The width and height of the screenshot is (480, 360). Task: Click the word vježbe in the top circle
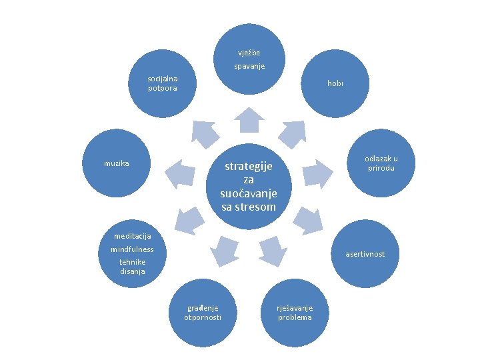(250, 53)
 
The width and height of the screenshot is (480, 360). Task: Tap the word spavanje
(249, 66)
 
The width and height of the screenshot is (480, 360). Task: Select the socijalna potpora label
(163, 84)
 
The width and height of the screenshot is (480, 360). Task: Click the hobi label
(335, 83)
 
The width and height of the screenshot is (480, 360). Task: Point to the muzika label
(117, 163)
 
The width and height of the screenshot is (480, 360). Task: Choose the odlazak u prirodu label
(381, 163)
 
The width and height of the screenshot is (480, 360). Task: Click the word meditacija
(132, 236)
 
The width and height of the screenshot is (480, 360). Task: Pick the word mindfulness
(132, 249)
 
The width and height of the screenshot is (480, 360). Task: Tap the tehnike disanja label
(132, 267)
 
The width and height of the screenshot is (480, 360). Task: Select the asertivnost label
(364, 254)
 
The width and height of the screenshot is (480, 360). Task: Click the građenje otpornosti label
(203, 313)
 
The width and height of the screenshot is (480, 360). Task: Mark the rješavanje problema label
(295, 313)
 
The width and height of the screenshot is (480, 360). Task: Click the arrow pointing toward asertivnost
(307, 219)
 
